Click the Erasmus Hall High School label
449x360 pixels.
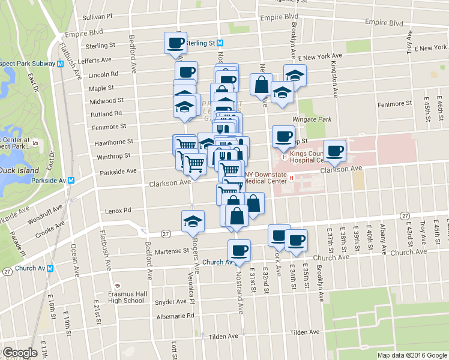(126, 296)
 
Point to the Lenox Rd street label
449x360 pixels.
(118, 211)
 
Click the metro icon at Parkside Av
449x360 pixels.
(71, 180)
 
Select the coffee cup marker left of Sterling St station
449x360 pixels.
(175, 43)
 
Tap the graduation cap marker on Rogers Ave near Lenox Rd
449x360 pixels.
(193, 221)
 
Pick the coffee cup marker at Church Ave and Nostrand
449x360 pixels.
(239, 250)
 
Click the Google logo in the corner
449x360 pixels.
(20, 352)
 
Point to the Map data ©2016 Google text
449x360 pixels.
(411, 355)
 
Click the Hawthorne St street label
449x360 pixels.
(113, 142)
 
